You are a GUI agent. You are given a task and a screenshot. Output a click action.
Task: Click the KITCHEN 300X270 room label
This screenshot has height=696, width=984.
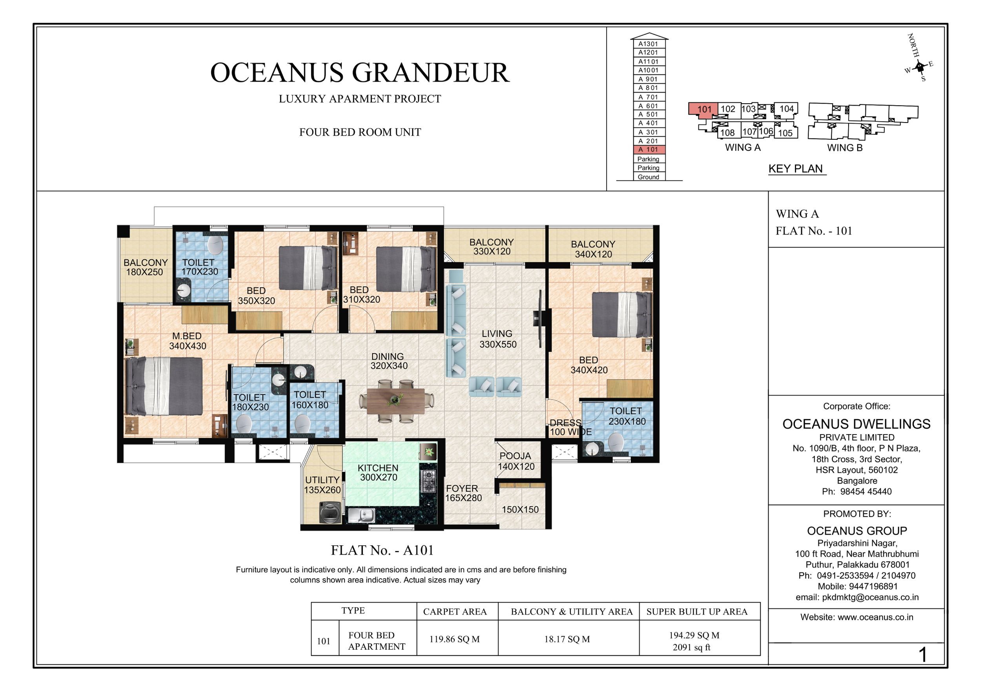[377, 473]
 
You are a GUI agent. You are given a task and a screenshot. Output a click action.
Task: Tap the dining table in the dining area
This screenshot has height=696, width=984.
[395, 400]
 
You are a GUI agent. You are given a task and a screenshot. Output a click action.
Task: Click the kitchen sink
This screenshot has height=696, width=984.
[361, 515]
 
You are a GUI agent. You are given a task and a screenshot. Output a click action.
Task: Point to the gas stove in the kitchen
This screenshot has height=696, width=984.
[429, 481]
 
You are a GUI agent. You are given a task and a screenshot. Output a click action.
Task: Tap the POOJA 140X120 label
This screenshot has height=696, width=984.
[516, 461]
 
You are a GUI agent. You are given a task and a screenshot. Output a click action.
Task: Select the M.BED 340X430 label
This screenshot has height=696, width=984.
[187, 341]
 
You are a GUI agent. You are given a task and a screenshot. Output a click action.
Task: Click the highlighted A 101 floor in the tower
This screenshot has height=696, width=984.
[649, 150]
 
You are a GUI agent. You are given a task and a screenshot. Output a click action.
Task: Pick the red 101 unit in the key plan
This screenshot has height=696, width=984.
[703, 109]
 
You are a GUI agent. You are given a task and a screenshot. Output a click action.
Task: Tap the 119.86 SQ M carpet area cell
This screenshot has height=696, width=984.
[454, 639]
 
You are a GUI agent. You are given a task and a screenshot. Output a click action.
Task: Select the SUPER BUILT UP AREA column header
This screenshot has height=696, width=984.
[696, 612]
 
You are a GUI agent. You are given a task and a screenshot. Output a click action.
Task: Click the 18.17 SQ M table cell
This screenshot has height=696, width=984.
[567, 639]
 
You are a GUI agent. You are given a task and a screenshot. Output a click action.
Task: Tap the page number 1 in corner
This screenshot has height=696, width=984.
[922, 655]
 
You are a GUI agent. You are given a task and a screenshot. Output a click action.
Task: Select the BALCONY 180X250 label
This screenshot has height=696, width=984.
[145, 267]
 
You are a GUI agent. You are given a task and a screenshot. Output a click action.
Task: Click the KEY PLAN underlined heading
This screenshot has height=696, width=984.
[795, 168]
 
